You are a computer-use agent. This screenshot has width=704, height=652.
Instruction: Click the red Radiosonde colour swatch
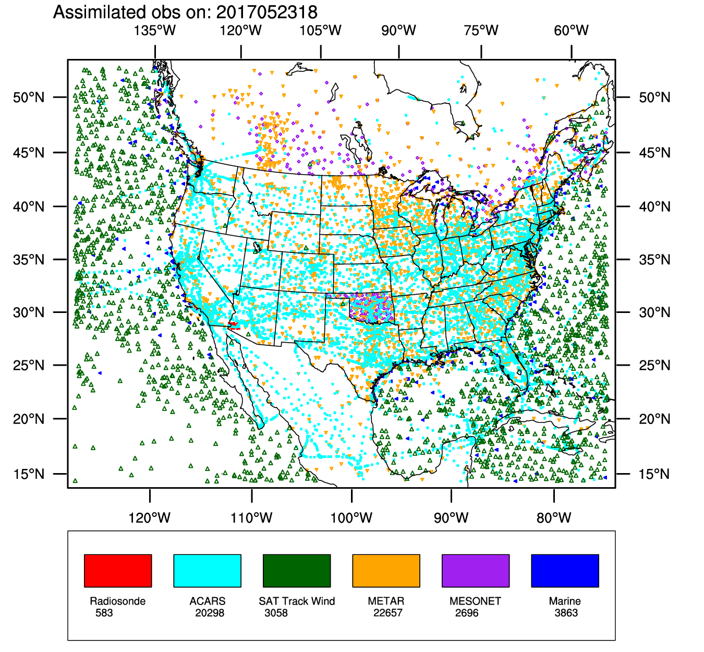tap(118, 571)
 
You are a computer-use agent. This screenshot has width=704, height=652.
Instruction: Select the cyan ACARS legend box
tap(207, 571)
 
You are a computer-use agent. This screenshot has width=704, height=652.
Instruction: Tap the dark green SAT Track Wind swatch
tap(297, 571)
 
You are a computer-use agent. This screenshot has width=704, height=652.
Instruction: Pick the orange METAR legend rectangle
tap(386, 571)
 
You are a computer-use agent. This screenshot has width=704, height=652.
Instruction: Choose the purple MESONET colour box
tap(476, 571)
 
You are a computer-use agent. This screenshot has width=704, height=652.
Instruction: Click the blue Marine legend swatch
tap(565, 571)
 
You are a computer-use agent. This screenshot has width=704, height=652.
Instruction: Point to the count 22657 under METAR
tap(387, 613)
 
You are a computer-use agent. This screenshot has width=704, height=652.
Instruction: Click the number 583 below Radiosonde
tap(104, 613)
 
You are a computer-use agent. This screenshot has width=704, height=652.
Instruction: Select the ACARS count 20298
tap(210, 613)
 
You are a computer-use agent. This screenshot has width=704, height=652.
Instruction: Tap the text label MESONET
tap(475, 601)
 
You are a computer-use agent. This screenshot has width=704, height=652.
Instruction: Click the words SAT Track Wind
tap(297, 601)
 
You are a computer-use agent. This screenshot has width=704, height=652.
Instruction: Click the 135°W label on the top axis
tap(155, 30)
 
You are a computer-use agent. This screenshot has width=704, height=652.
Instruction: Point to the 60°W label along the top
tap(572, 30)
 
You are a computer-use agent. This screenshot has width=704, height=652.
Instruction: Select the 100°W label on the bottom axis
tap(351, 518)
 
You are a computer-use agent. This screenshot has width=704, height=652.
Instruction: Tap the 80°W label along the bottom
tap(554, 518)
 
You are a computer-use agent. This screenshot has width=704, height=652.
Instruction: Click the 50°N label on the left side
tap(29, 97)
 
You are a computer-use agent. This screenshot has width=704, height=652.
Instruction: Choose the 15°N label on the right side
tap(654, 474)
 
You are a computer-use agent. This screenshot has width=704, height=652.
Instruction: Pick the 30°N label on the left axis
tap(29, 312)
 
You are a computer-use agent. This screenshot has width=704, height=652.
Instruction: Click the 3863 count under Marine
tap(566, 613)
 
